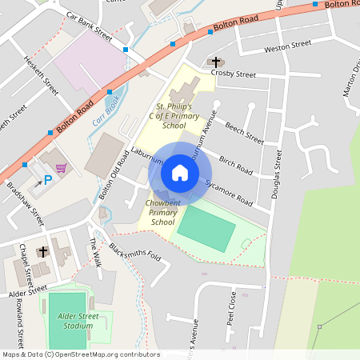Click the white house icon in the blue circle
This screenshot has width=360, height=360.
coord(180,173)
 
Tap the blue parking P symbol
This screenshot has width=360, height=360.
coord(47,180)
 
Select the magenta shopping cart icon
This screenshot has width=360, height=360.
coord(61,168)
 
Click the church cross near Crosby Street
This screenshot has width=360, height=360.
coord(214,62)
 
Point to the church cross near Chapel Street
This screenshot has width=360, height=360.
coord(42,252)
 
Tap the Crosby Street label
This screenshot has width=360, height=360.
coord(234,74)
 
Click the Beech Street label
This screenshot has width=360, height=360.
coord(244,133)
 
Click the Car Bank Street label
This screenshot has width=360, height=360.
coord(89,27)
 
